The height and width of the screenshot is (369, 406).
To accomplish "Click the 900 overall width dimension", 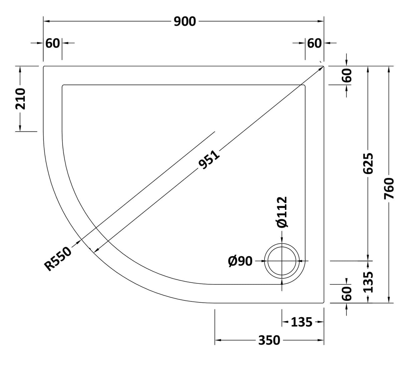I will pos(185,21).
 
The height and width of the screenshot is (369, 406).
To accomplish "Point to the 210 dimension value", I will pos(21,99).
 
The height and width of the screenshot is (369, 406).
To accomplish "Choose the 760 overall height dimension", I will pos(389,189).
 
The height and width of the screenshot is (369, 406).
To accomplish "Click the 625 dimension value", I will pos(368,164).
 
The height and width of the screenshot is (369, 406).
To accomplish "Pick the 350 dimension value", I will pos(269,341).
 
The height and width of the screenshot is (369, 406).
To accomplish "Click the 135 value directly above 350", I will pos(301,322).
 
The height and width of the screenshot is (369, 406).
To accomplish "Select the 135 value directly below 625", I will pos(368,282).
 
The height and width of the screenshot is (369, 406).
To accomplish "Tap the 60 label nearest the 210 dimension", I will pos(53,43).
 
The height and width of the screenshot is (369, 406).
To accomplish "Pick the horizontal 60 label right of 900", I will pos(314,43).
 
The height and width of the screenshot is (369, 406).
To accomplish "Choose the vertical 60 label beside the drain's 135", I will pos(347,293).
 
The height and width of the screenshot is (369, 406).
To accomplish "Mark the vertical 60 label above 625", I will pos(347,76).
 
